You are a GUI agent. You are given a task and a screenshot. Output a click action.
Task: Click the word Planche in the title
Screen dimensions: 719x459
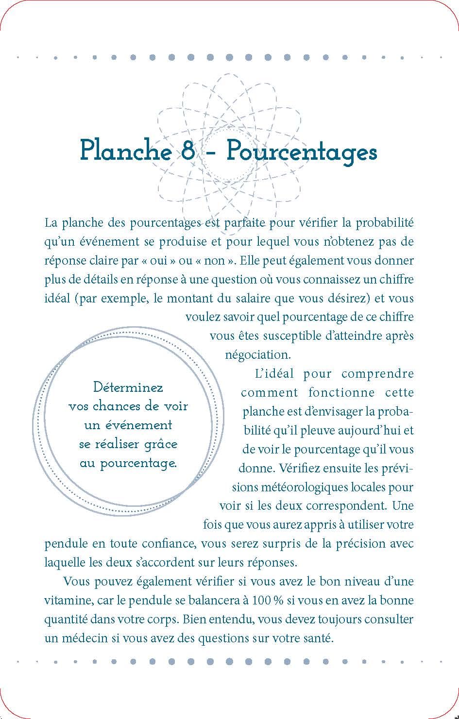click(x=125, y=150)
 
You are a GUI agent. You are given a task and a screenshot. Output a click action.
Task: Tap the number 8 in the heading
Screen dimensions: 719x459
click(x=187, y=150)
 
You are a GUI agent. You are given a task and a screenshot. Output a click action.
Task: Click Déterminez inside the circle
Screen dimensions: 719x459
click(x=128, y=387)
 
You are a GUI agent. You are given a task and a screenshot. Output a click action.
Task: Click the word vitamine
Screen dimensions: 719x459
click(x=68, y=601)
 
